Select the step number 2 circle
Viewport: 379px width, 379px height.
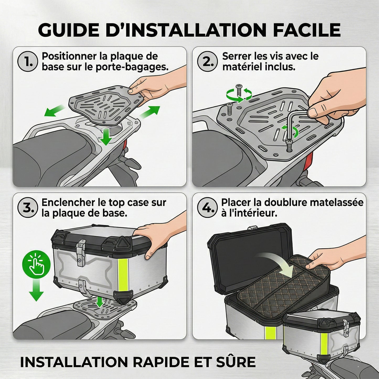[x=207, y=61]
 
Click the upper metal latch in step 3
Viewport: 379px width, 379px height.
[x=81, y=252]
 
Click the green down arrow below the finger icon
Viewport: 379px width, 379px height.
[x=36, y=290]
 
